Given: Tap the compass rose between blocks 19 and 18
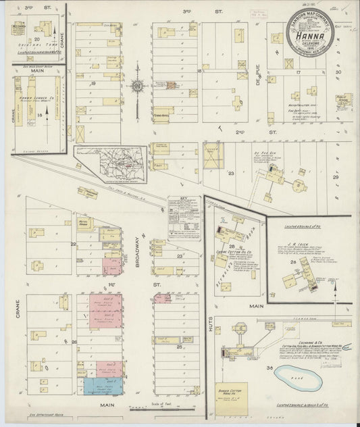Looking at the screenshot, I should click(138, 86).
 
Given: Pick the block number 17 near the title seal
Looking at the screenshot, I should click(297, 71).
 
